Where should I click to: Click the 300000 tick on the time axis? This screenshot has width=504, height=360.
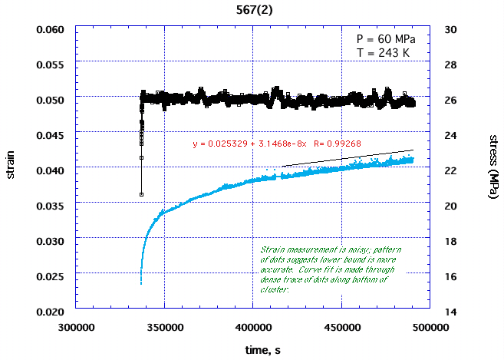coord(75,326)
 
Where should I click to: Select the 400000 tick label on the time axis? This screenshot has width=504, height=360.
coord(252,326)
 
